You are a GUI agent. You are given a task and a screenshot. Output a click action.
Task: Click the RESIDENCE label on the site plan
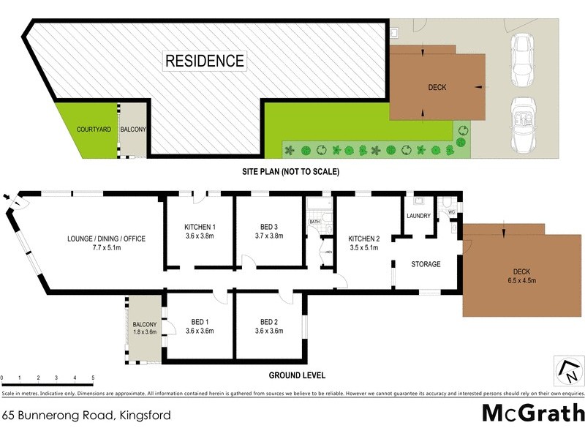tap(204, 60)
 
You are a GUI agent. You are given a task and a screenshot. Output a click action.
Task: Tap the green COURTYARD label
tap(94, 130)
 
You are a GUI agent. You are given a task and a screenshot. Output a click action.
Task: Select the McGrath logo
tap(533, 413)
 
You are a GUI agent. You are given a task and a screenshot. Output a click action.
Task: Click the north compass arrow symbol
tap(568, 371)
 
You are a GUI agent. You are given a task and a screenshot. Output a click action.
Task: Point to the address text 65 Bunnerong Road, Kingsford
tap(86, 415)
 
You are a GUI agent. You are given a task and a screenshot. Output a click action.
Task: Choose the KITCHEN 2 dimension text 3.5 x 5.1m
tap(363, 247)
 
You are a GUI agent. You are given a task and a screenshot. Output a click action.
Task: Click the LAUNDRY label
tap(418, 216)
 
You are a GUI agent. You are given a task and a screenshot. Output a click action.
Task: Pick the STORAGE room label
tap(425, 264)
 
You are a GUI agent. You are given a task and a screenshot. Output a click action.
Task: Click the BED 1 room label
tap(200, 321)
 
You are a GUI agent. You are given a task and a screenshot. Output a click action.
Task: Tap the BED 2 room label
tap(269, 321)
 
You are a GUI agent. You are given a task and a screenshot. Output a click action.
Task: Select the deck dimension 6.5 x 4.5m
tap(522, 281)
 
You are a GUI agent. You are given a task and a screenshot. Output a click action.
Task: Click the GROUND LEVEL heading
tap(297, 375)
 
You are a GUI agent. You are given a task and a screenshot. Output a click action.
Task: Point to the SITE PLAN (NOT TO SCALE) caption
tap(292, 171)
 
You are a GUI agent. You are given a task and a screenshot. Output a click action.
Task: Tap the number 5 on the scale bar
tap(93, 378)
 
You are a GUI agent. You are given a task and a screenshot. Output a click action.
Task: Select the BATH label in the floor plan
tap(314, 221)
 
